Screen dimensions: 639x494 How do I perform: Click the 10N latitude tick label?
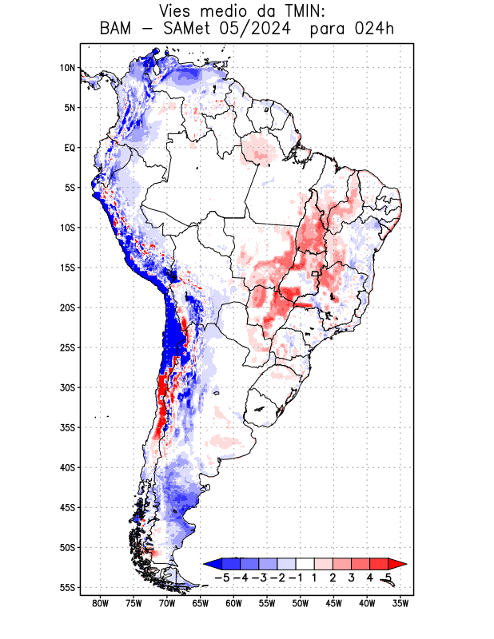67,68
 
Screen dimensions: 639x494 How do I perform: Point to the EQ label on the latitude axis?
70,148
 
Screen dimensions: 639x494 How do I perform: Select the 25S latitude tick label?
67,347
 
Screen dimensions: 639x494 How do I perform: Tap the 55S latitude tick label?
67,587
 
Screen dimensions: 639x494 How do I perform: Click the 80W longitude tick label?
101,604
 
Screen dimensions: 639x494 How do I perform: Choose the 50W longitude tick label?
301,604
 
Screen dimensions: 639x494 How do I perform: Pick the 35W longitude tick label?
400,604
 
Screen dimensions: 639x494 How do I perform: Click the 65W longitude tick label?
201,604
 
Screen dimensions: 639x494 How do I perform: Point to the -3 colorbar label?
258,577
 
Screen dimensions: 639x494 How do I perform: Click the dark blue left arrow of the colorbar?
212,563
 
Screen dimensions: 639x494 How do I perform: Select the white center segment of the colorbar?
305,563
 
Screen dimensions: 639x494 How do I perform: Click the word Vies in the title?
177,11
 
